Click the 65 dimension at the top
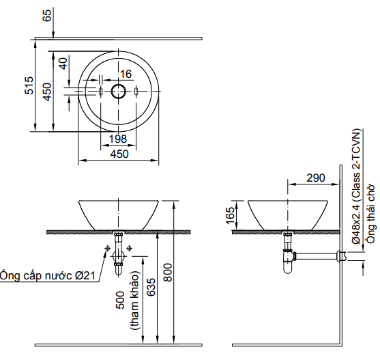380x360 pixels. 47,16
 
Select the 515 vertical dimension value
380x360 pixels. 29,85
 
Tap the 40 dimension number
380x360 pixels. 63,64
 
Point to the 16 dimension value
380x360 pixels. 126,74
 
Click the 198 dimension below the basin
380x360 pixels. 118,139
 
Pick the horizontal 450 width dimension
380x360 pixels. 119,154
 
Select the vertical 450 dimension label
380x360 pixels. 47,92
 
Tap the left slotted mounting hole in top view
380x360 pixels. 100,92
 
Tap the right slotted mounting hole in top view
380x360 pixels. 136,92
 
